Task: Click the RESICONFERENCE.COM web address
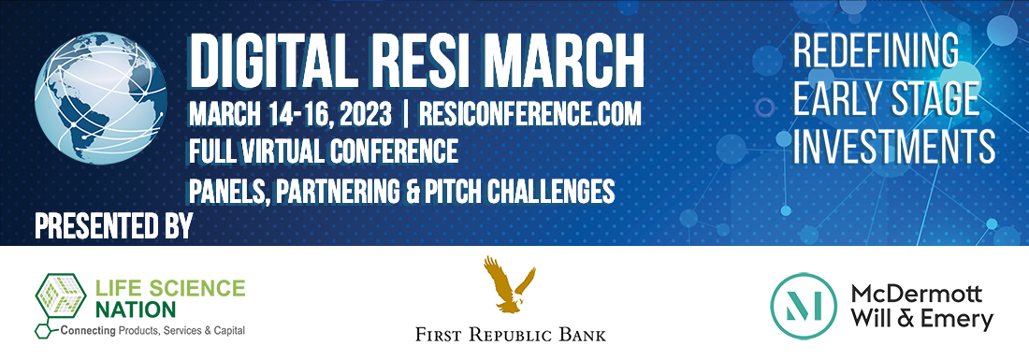click(x=529, y=115)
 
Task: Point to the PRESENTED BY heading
click(x=112, y=226)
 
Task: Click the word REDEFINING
click(x=876, y=50)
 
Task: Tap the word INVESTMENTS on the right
click(x=893, y=147)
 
